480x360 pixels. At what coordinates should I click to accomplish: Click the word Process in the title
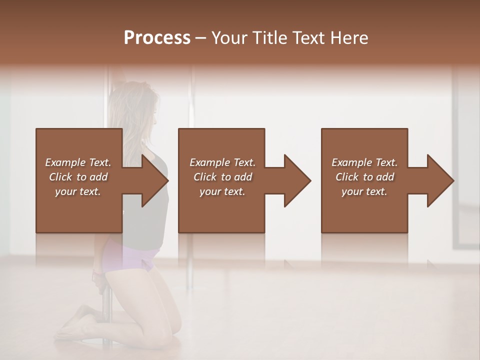(x=157, y=38)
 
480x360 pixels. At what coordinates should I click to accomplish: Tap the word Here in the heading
(x=349, y=38)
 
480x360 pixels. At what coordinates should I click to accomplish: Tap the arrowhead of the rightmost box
(x=445, y=180)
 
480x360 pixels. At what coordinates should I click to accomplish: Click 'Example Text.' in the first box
(x=78, y=162)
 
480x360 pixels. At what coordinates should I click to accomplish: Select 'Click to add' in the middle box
(x=222, y=177)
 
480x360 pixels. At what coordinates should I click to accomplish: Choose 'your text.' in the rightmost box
(x=364, y=191)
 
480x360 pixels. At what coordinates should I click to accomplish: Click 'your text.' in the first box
(x=78, y=191)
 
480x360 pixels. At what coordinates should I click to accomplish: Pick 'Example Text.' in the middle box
(x=222, y=162)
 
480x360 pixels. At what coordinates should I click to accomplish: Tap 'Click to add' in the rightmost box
(x=364, y=177)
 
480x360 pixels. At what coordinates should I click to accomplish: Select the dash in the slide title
(x=201, y=38)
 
